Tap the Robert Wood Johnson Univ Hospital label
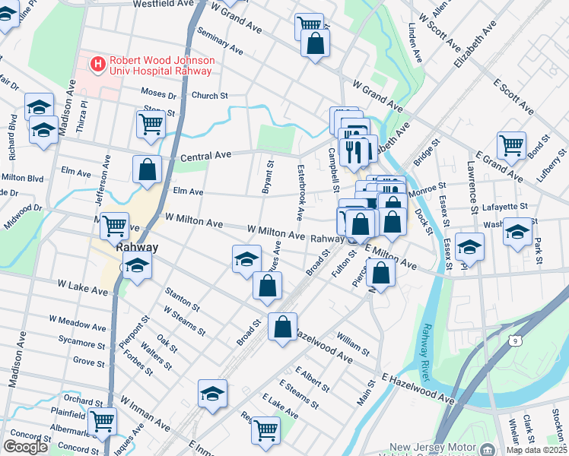pyautogui.click(x=161, y=65)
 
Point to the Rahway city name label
pyautogui.click(x=136, y=247)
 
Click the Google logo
pyautogui.click(x=25, y=446)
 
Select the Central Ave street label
pyautogui.click(x=205, y=157)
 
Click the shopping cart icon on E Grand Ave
pyautogui.click(x=511, y=144)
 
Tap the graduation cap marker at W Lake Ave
pyautogui.click(x=137, y=266)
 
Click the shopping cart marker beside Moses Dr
pyautogui.click(x=151, y=123)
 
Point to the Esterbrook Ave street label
pyautogui.click(x=300, y=193)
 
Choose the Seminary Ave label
pyautogui.click(x=219, y=43)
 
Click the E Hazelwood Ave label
pyautogui.click(x=418, y=387)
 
